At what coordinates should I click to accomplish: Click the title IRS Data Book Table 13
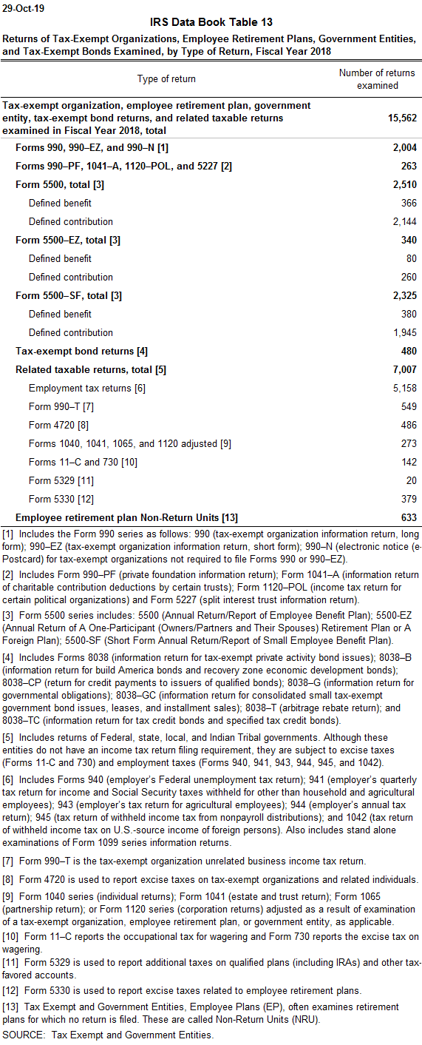point(211,22)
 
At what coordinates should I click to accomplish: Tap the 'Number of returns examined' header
point(377,79)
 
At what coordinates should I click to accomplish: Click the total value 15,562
point(402,118)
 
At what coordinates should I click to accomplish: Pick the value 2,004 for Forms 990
point(405,148)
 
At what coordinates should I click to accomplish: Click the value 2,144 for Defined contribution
point(405,222)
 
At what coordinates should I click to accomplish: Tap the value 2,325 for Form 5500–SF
point(405,296)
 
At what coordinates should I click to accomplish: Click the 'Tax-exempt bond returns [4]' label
point(81,352)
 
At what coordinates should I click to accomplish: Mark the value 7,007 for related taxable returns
point(405,370)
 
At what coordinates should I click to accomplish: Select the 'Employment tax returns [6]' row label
point(87,389)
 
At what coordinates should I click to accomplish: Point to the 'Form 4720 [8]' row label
point(58,426)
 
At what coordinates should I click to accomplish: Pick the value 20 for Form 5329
point(412,481)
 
